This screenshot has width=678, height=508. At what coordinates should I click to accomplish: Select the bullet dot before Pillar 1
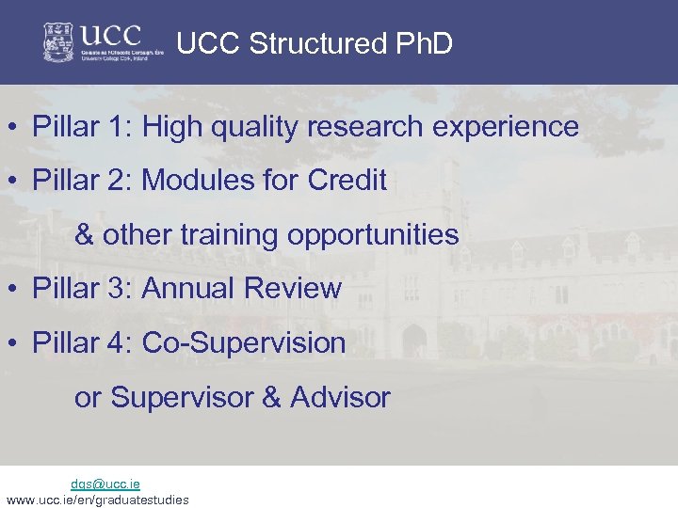click(15, 127)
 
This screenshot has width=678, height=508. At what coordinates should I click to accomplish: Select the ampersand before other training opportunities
click(84, 234)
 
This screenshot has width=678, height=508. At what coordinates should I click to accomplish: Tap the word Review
click(293, 288)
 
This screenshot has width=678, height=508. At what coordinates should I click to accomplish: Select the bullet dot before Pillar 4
click(15, 343)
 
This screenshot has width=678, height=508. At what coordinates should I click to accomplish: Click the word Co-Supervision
click(244, 342)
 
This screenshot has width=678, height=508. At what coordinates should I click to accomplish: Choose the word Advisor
click(340, 397)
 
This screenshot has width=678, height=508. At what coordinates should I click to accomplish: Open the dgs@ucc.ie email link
click(105, 484)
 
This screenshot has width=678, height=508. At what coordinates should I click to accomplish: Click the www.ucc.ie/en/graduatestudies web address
click(97, 500)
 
